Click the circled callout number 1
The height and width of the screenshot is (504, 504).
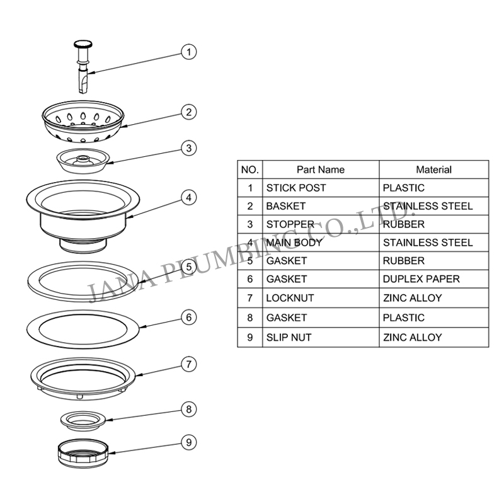188,52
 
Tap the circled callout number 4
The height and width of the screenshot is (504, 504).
188,197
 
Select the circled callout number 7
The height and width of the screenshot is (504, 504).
188,364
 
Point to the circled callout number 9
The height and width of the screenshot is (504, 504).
188,442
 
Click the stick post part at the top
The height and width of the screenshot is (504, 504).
83,67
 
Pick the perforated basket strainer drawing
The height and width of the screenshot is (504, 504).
83,122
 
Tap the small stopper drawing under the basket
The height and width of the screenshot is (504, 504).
83,161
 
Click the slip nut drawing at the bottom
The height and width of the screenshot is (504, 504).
83,453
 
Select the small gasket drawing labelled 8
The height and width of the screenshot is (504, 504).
83,420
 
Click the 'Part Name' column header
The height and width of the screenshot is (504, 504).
321,169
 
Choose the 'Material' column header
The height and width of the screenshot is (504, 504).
433,169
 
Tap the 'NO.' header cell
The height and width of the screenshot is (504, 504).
250,169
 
